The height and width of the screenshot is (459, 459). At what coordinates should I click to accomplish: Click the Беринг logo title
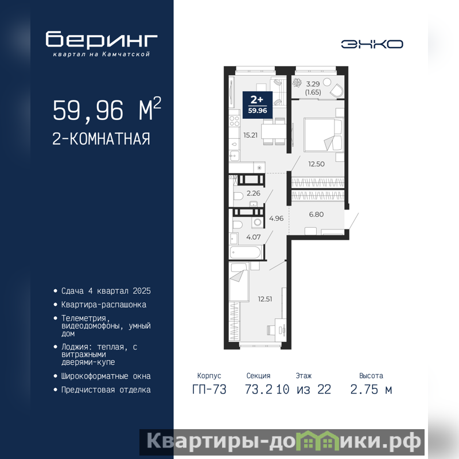(102, 39)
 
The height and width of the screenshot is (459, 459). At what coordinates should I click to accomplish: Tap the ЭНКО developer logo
(372, 44)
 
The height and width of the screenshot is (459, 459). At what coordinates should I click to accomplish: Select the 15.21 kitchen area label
(251, 135)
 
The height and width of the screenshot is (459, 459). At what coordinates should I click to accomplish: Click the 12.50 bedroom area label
(317, 164)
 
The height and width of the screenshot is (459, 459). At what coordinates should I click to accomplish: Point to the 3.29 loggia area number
(313, 84)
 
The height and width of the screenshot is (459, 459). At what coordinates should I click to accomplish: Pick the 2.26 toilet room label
(254, 193)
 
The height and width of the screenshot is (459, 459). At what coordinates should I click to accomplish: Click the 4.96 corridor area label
(277, 219)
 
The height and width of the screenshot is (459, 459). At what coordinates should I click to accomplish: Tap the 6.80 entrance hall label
(317, 214)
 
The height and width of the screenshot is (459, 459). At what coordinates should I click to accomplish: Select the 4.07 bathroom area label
(254, 237)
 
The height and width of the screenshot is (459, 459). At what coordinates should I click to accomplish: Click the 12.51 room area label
(265, 299)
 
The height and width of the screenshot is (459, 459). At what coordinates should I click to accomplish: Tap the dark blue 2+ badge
(258, 105)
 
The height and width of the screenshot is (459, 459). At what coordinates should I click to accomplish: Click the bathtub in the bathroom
(246, 252)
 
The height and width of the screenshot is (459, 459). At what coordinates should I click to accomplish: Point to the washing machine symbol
(257, 223)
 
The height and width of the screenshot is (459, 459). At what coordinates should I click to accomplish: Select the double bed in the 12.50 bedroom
(323, 135)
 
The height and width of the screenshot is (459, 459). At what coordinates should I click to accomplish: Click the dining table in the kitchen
(274, 131)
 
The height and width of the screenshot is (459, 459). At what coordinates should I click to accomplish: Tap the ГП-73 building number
(209, 390)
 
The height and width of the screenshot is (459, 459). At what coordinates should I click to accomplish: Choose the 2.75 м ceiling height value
(371, 390)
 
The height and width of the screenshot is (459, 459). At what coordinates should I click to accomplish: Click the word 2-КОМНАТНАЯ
(102, 139)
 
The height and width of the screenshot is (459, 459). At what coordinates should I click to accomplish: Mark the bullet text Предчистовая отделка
(106, 390)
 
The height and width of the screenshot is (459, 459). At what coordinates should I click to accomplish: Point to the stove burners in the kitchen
(235, 121)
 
